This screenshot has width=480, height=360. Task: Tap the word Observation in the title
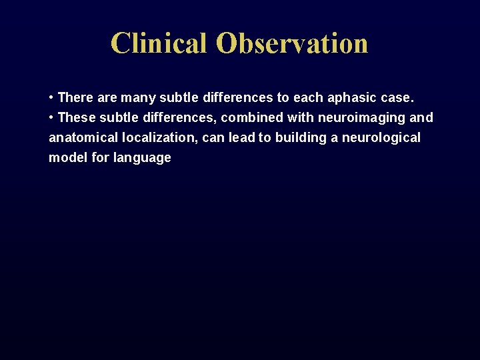[292, 43]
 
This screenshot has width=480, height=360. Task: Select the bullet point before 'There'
[51, 98]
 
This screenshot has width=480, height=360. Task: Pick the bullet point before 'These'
[51, 118]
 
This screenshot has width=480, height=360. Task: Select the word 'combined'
[252, 118]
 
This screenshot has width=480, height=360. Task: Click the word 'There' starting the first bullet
[76, 98]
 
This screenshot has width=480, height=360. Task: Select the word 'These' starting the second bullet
[77, 118]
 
